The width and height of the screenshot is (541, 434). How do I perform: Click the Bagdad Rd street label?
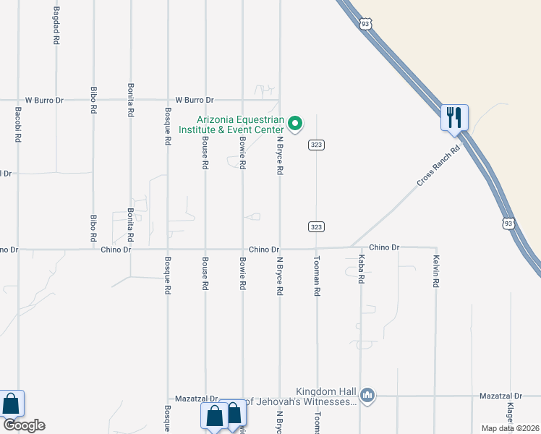coord(56,26)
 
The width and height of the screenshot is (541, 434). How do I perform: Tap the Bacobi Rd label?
coord(18,124)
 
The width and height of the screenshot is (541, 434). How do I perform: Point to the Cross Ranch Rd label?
coord(438,167)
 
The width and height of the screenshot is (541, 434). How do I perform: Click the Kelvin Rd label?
coord(435,272)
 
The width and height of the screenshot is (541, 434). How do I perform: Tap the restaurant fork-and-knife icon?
coord(455,117)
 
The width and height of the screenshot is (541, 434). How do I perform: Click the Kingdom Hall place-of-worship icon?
coord(367,395)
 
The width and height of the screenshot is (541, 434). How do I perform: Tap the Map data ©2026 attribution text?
coord(510,428)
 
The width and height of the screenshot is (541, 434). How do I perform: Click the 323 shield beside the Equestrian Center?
coord(316,145)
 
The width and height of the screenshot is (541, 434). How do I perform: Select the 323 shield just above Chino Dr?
coord(316,226)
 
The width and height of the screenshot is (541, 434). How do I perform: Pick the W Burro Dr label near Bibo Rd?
coord(45,100)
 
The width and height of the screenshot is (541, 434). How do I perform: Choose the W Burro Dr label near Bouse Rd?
coord(195,100)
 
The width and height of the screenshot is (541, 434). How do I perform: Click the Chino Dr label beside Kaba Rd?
coord(384,247)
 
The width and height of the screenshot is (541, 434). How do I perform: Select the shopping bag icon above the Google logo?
coord(12,404)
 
